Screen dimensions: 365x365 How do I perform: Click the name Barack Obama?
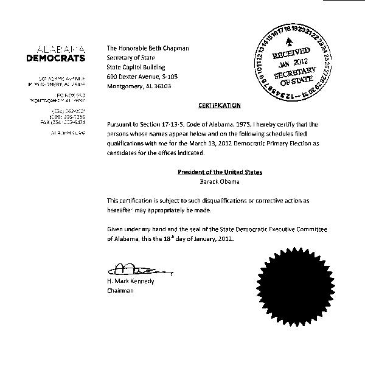[220, 181]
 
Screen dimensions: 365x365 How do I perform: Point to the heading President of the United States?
[220, 172]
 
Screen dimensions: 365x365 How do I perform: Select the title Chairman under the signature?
[120, 291]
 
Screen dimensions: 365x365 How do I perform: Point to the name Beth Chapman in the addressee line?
[168, 47]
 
